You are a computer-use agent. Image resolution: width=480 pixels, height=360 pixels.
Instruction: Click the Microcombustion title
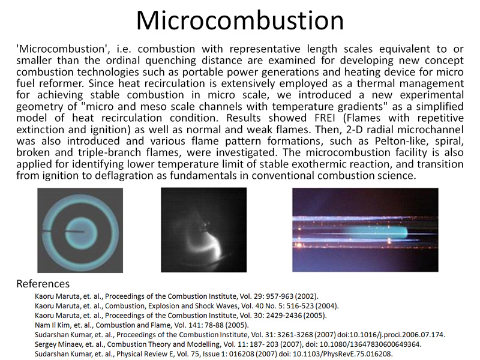tap(240, 20)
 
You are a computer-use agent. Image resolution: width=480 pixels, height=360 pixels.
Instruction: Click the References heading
tap(43, 284)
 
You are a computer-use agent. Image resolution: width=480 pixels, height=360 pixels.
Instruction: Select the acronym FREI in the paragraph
tap(325, 118)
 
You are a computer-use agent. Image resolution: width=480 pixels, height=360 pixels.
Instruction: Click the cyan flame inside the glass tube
tap(377, 233)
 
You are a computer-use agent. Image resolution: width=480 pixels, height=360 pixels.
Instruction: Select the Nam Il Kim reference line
tap(142, 325)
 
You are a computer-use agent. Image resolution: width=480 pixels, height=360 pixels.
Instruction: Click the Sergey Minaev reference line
tap(228, 344)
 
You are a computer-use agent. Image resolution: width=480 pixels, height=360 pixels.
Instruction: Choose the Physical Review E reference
tap(214, 354)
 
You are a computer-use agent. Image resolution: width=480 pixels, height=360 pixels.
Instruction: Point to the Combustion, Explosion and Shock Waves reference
tap(187, 306)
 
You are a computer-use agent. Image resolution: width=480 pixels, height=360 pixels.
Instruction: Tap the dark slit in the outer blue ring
tap(47, 230)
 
